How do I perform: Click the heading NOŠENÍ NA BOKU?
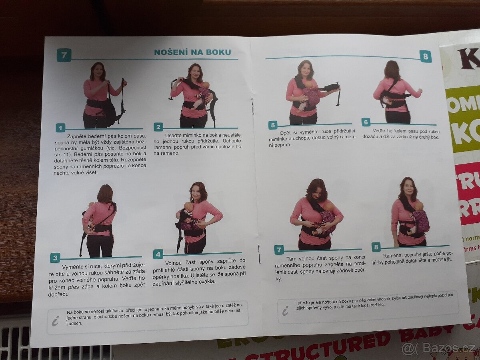(192, 52)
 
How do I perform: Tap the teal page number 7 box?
(64, 55)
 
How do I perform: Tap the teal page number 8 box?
(425, 56)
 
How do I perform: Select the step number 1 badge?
(60, 128)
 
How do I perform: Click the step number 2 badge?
(158, 127)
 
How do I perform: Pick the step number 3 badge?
(55, 258)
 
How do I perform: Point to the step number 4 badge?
(158, 254)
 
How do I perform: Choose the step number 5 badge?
(273, 125)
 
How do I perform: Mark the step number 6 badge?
(366, 122)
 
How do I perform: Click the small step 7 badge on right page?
(279, 250)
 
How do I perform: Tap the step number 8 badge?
(376, 247)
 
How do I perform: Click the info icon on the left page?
(56, 321)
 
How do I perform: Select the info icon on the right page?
(285, 311)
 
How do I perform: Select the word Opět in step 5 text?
(286, 133)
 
